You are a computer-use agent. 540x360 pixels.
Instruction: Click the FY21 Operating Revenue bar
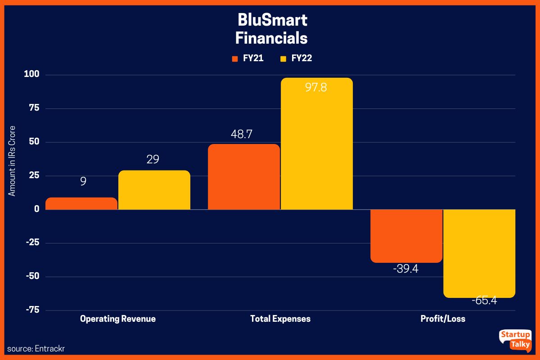[x=81, y=203]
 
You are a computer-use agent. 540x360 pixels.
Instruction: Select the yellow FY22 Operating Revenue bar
[x=154, y=190]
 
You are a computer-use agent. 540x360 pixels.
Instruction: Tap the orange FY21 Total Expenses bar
[x=243, y=177]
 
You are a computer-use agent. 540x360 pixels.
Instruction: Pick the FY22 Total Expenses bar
[x=317, y=144]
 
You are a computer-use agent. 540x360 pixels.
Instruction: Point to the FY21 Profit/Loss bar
[x=406, y=236]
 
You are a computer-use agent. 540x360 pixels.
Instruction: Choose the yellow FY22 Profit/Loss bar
[x=479, y=253]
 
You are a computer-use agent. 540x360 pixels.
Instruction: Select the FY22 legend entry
[x=296, y=58]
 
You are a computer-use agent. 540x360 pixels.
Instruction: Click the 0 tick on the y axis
[x=36, y=209]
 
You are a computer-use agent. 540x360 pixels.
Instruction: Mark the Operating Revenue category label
[x=118, y=319]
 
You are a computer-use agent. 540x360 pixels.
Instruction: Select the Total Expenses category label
[x=280, y=319]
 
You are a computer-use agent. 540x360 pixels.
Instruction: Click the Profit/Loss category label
[x=443, y=319]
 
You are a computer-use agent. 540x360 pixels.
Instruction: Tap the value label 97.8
[x=316, y=88]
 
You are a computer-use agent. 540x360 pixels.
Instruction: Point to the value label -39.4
[x=405, y=270]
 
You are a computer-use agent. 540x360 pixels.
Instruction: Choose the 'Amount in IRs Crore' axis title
[x=13, y=161]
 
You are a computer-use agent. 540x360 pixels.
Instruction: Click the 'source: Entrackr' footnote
[x=33, y=349]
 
